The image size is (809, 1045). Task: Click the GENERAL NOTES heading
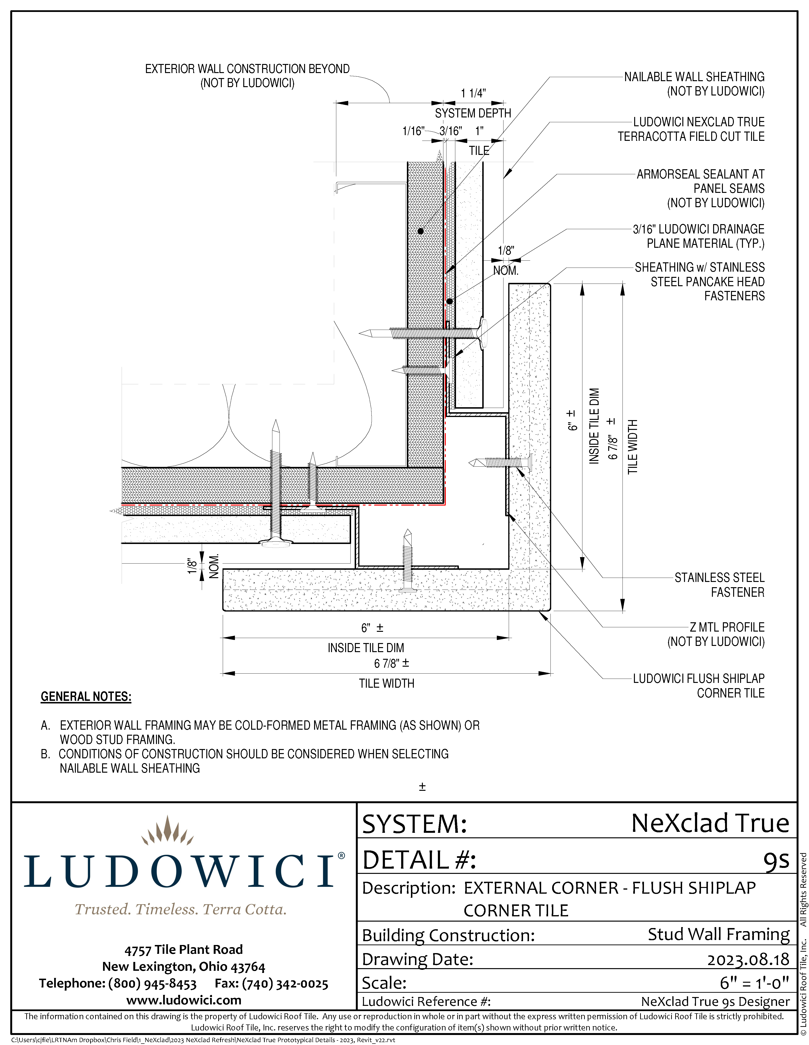[86, 697]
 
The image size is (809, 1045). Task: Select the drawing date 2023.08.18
[748, 959]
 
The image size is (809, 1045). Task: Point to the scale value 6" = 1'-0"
[754, 983]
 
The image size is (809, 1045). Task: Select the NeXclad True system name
[710, 823]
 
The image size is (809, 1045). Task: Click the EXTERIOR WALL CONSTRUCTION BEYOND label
[247, 76]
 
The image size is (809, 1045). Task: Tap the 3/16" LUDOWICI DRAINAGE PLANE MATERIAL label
[698, 236]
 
